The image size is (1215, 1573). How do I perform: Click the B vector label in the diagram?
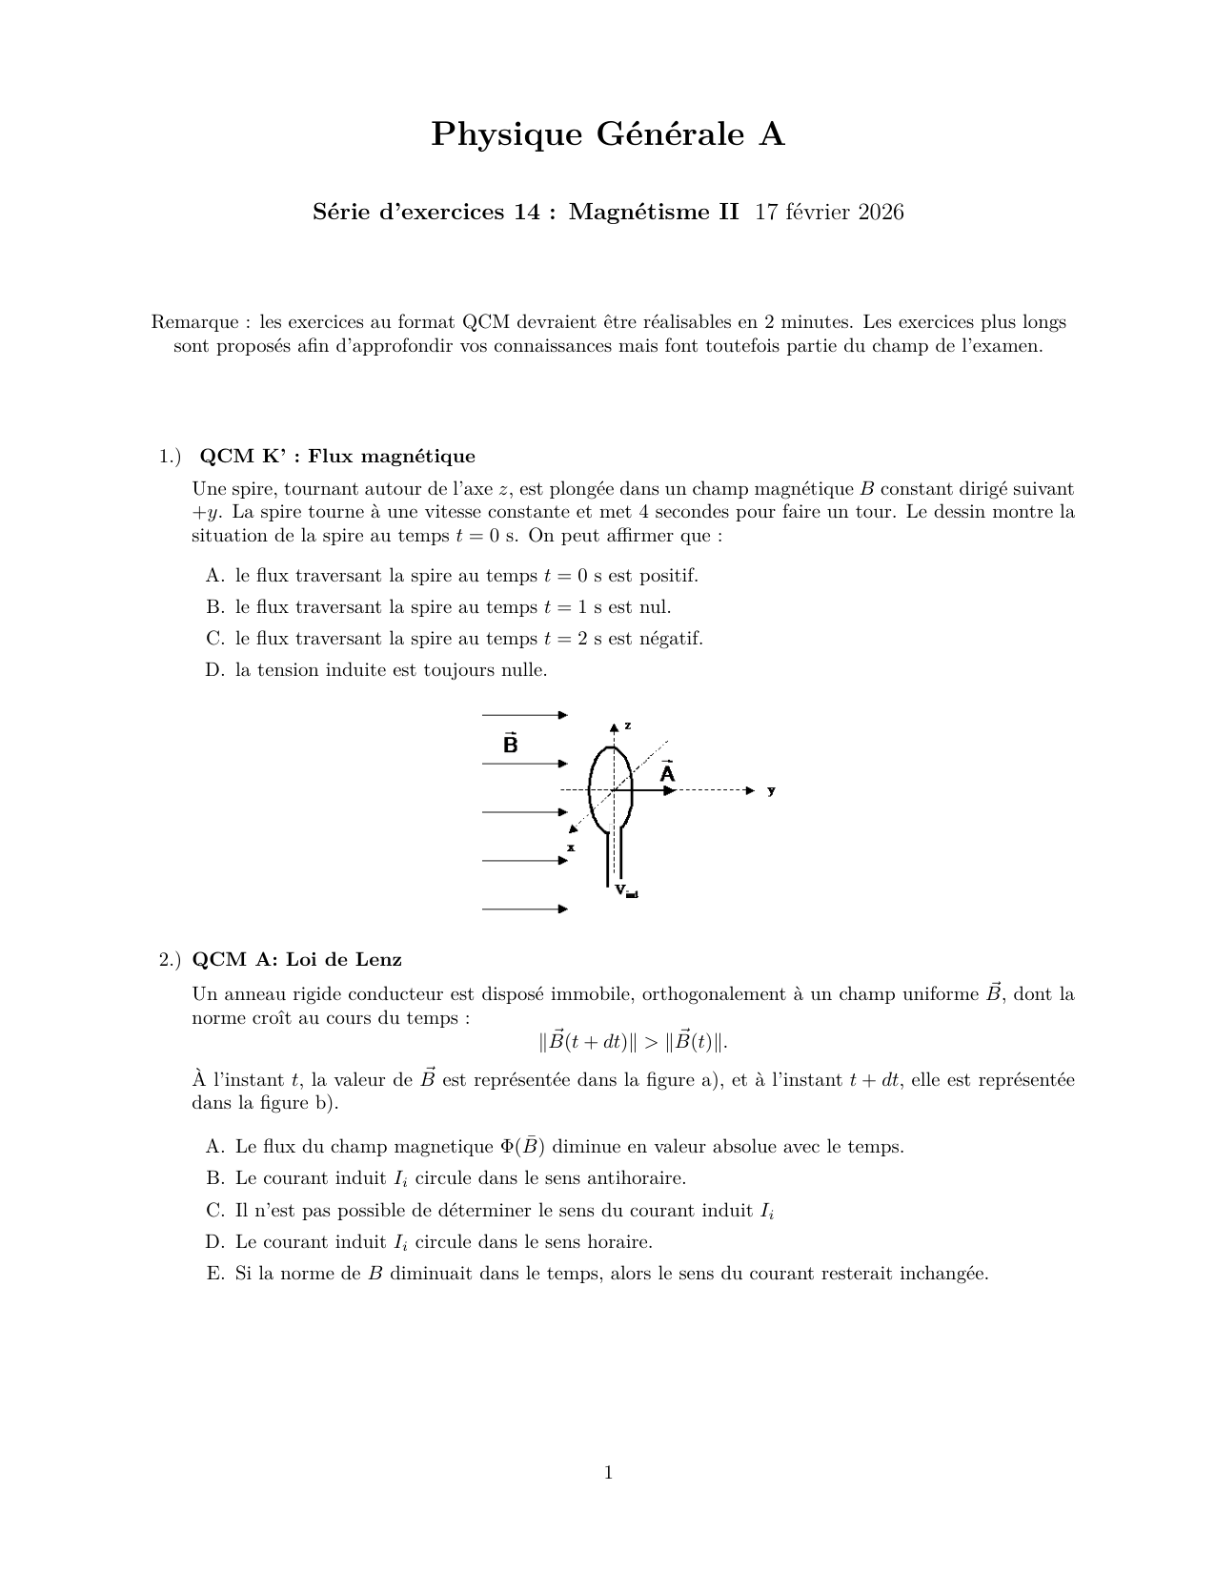510,744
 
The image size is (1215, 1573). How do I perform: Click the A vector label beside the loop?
667,773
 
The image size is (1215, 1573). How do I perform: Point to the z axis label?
627,725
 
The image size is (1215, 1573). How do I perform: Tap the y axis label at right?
771,790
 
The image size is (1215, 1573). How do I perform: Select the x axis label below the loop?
571,847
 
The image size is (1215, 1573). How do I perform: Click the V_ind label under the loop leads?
625,890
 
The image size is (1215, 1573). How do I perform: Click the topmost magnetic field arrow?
524,715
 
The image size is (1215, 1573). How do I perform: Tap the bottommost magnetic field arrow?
524,909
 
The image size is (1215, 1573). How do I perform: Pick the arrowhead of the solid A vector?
671,790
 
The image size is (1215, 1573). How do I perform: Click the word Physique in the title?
506,134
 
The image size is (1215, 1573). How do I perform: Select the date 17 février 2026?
829,212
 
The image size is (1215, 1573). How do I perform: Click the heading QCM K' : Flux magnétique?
337,456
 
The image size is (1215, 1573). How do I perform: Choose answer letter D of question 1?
214,670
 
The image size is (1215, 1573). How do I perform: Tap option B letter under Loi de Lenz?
214,1178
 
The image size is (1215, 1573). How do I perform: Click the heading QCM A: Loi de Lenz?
296,959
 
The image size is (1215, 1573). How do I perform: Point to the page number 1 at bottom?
608,1473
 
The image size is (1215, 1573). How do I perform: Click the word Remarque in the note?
194,322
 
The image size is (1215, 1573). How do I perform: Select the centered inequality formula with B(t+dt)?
634,1041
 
